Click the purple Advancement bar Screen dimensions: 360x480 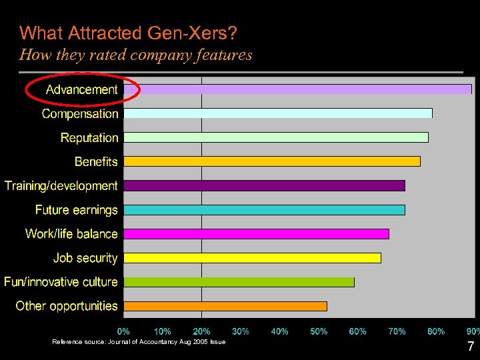[x=297, y=89]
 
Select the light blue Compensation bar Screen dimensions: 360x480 [x=278, y=113]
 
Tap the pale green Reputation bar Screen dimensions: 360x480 [x=276, y=137]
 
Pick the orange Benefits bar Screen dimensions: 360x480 [x=272, y=161]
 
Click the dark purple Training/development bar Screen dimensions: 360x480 [x=264, y=185]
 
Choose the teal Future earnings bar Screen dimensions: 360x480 [x=264, y=209]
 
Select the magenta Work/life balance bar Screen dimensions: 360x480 [x=256, y=234]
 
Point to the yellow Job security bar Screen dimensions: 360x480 [x=252, y=258]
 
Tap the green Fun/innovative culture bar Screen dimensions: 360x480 [x=239, y=282]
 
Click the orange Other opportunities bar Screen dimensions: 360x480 [x=225, y=306]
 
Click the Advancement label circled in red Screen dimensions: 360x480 [x=81, y=89]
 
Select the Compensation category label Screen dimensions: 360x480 [x=80, y=113]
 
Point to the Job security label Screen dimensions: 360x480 [x=85, y=258]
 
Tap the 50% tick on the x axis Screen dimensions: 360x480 [x=319, y=331]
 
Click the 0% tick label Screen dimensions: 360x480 [x=124, y=331]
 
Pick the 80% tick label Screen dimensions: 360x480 [x=436, y=331]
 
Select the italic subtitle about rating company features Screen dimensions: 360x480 [x=136, y=55]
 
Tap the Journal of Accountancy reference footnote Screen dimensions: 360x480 [x=139, y=342]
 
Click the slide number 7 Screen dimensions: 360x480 [x=470, y=347]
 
